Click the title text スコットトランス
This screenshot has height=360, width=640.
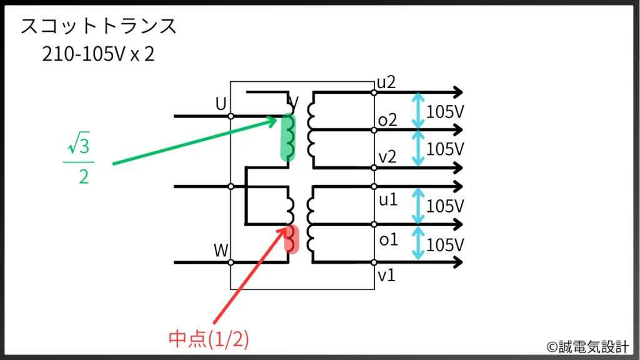click(x=99, y=27)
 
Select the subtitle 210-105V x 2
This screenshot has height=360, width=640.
click(x=97, y=55)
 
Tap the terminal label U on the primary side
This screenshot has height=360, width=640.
click(x=221, y=104)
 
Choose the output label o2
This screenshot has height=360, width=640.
click(x=387, y=120)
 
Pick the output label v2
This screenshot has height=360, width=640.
click(x=387, y=157)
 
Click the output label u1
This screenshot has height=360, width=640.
click(x=387, y=200)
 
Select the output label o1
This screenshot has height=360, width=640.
click(x=388, y=239)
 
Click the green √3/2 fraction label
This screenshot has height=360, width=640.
click(x=79, y=162)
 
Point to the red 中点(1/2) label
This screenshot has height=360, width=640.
click(x=209, y=339)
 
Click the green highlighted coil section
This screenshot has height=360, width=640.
click(x=287, y=137)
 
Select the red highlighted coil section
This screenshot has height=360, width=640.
click(x=292, y=239)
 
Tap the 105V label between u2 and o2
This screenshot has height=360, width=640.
click(x=445, y=112)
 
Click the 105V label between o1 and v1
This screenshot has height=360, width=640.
click(x=445, y=244)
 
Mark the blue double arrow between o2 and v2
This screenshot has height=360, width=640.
click(x=417, y=149)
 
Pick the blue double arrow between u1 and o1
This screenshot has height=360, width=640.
click(x=417, y=206)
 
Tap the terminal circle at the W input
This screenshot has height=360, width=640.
click(x=231, y=262)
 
